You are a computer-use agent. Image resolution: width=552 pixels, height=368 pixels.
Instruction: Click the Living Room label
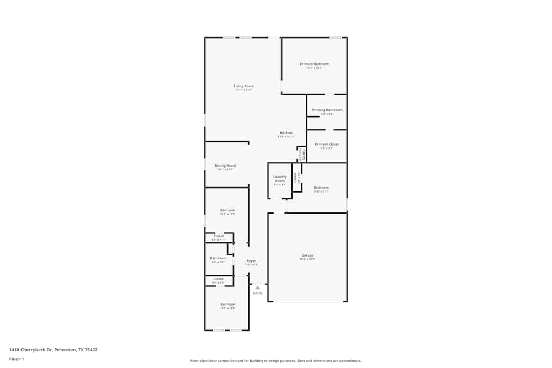tap(243, 86)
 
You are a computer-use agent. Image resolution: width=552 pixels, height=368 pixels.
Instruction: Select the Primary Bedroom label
tap(314, 64)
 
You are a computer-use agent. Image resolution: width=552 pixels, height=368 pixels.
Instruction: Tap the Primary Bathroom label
tap(327, 110)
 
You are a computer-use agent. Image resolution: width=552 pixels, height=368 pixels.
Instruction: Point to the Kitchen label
tap(286, 133)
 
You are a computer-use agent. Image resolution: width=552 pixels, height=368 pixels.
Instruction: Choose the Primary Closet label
tap(327, 145)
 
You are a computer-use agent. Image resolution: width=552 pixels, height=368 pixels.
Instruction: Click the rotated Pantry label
tap(303, 154)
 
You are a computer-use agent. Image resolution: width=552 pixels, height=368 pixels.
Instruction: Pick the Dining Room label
tap(225, 166)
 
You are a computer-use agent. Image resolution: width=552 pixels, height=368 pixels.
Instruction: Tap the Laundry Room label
tap(280, 179)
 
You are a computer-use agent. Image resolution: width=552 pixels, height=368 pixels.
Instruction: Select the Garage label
tap(307, 255)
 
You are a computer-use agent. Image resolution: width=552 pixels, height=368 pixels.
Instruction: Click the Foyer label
tap(251, 260)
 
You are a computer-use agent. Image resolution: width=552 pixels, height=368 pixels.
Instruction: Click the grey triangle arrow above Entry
tap(257, 287)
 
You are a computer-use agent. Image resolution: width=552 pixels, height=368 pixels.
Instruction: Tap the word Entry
tap(258, 293)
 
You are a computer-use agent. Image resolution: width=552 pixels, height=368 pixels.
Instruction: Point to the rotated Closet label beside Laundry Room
tap(296, 177)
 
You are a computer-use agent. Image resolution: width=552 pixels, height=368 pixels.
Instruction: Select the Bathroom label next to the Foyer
tap(218, 258)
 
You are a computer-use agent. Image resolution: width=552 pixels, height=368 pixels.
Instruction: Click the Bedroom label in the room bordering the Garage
tap(321, 188)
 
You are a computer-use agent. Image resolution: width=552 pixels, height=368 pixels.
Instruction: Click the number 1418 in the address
tap(15, 349)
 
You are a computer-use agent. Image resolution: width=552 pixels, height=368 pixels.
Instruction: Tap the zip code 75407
tap(91, 349)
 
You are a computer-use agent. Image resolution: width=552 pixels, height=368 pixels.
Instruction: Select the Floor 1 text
tap(17, 359)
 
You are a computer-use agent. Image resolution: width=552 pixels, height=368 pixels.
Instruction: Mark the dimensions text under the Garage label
tap(307, 259)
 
